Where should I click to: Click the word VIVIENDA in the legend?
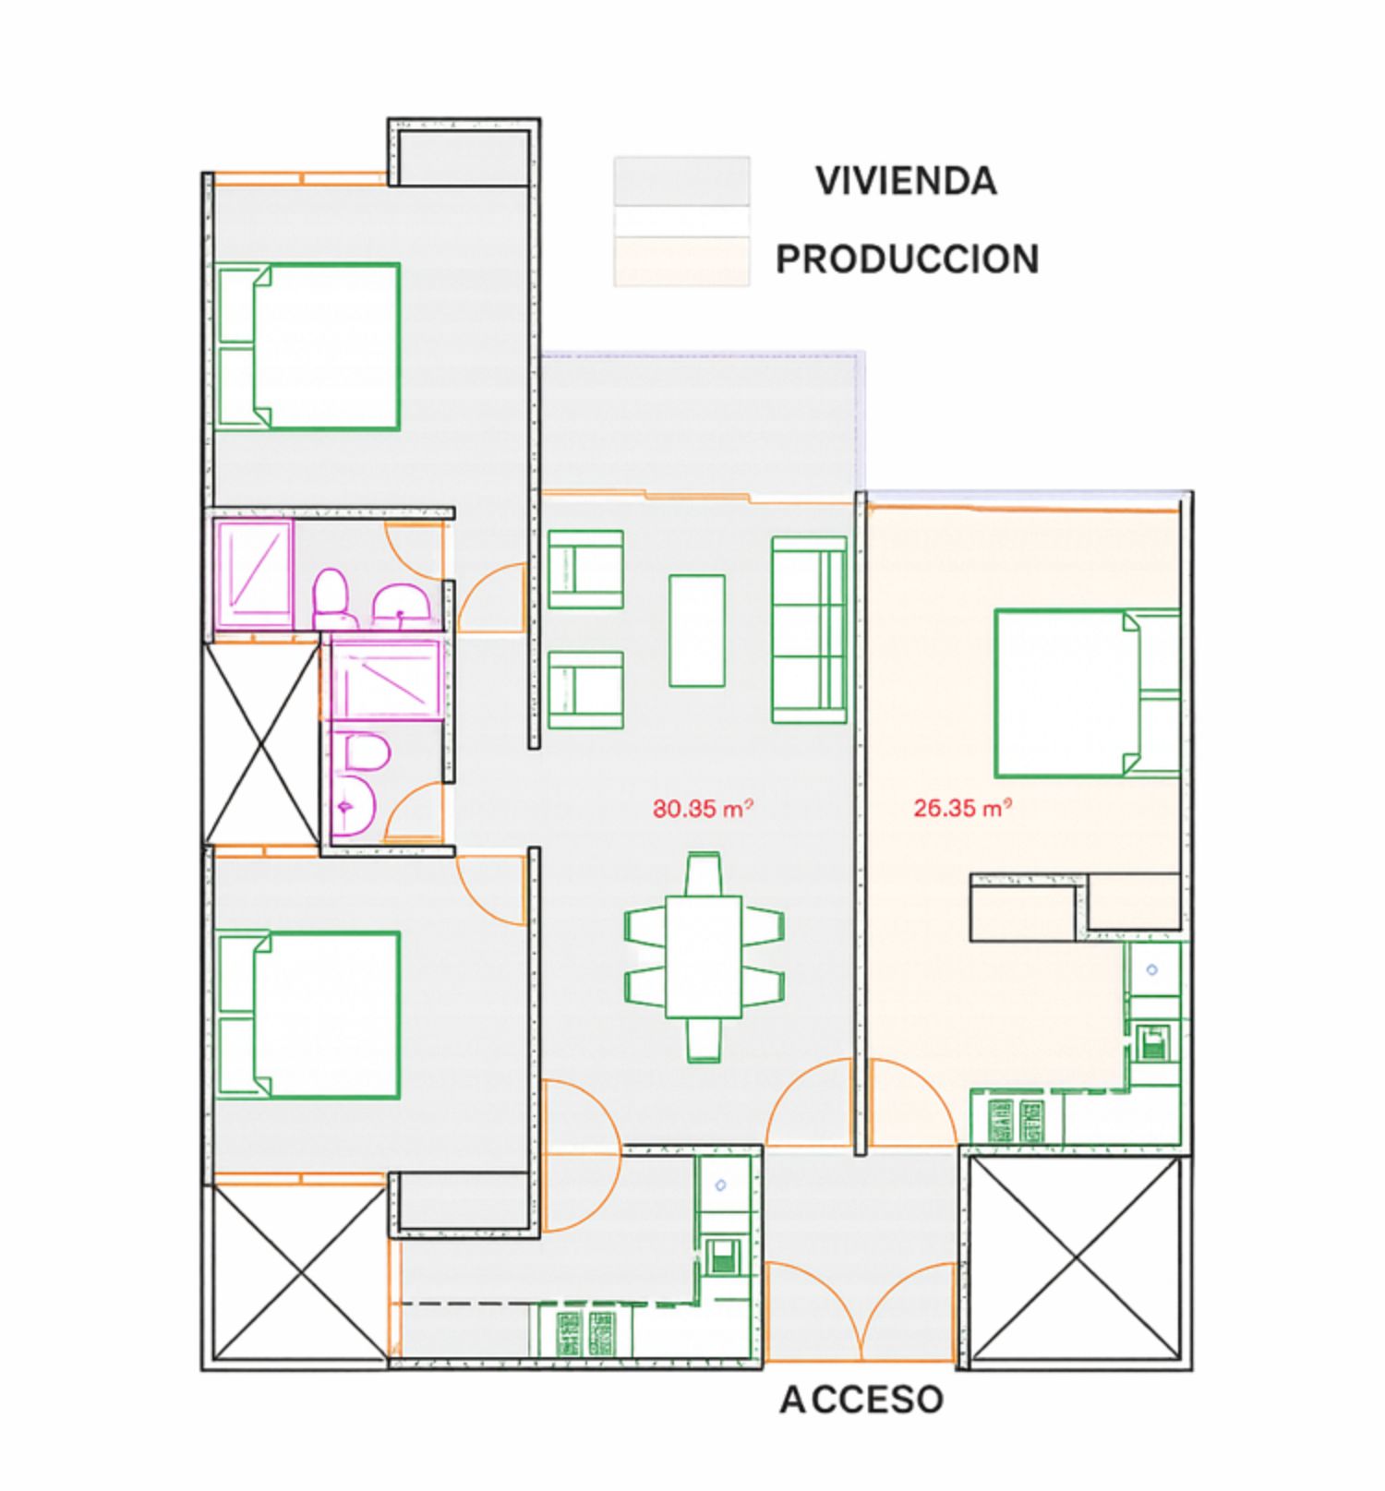coord(906,181)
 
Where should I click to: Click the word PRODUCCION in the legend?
coord(908,259)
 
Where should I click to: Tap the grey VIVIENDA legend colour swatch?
coord(681,181)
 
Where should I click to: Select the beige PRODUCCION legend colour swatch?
coord(681,260)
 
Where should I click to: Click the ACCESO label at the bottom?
coord(861,1401)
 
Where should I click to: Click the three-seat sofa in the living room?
coord(809,630)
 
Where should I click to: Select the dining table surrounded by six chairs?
coord(704,956)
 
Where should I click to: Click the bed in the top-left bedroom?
coord(307,346)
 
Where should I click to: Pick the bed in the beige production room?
coord(1088,692)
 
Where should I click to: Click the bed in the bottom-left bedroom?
coord(307,1015)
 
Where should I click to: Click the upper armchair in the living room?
coord(585,569)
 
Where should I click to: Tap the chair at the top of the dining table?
coord(704,873)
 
